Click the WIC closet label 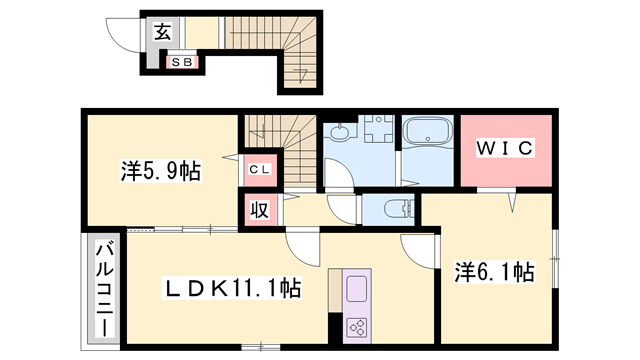[x=505, y=149]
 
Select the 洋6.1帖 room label [x=494, y=271]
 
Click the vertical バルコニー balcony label [x=104, y=288]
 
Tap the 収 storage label [x=258, y=210]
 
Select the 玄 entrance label [x=162, y=31]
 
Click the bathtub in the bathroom [x=429, y=134]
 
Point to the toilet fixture [x=393, y=210]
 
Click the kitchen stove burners [x=357, y=326]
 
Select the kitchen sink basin [x=357, y=290]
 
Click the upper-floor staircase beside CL [x=281, y=139]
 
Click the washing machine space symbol [x=378, y=135]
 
